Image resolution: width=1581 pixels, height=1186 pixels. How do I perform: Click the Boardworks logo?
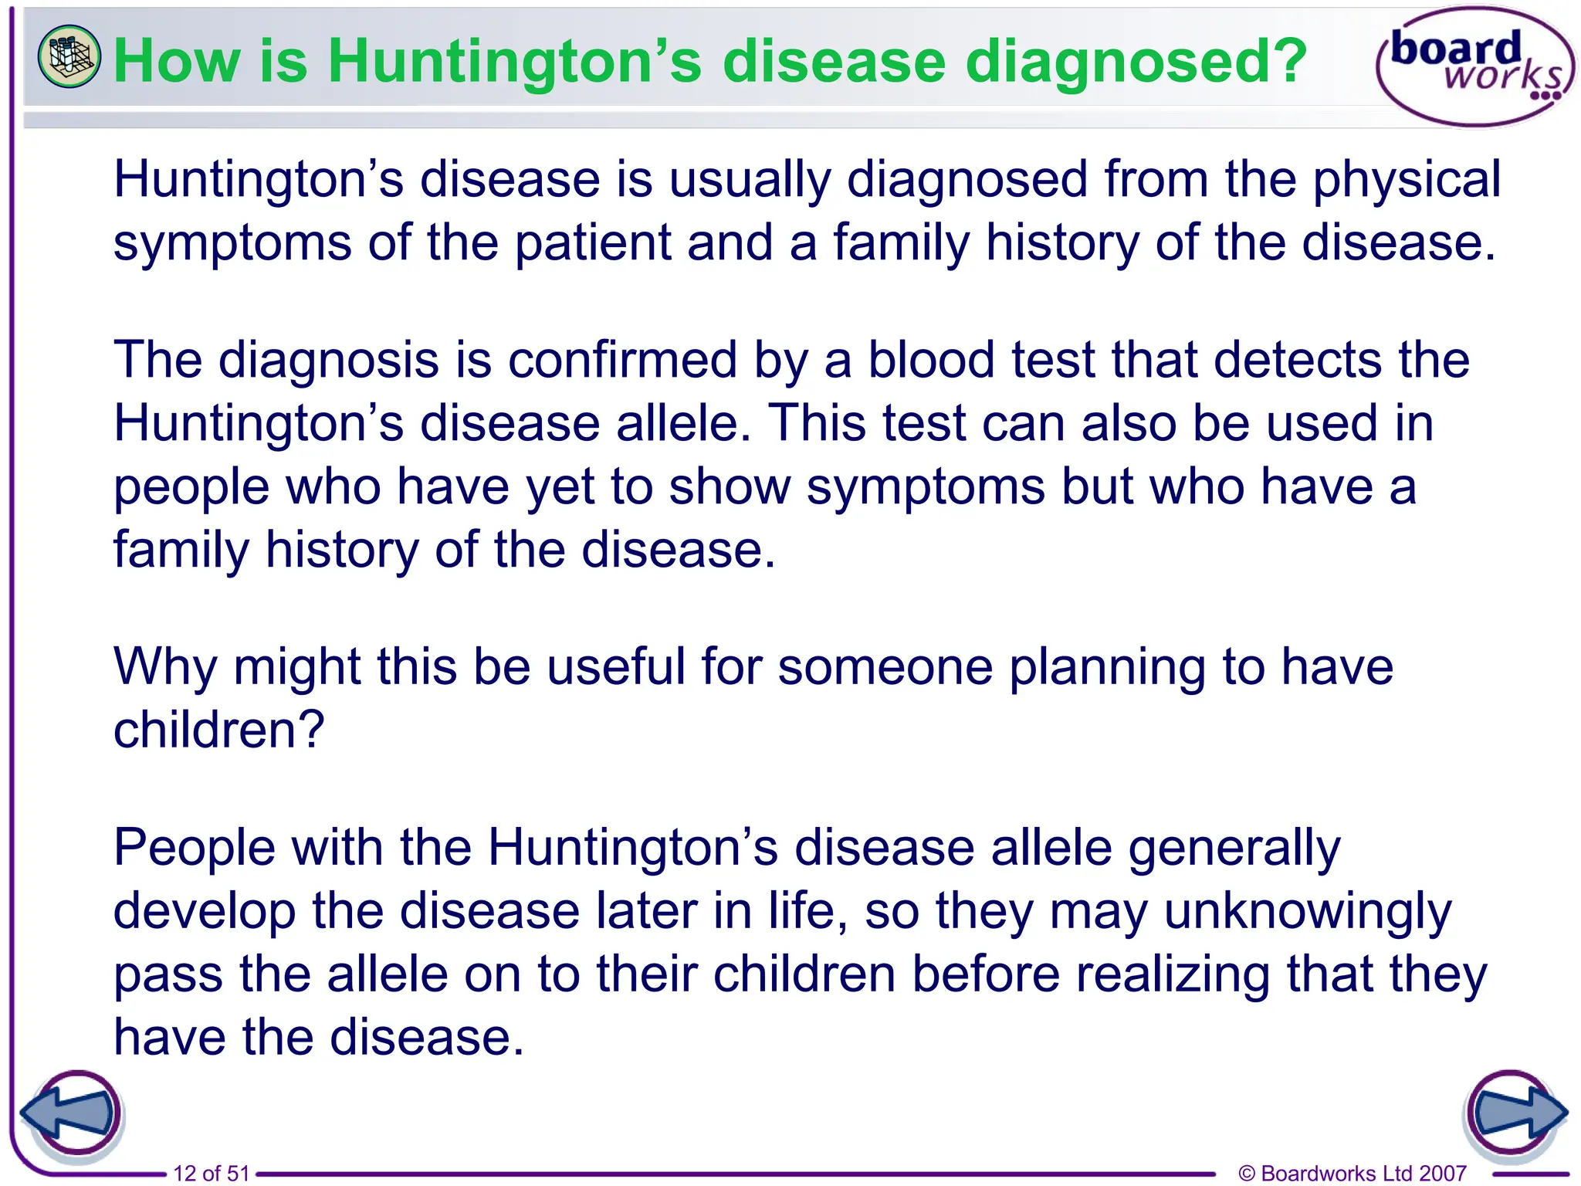[1474, 66]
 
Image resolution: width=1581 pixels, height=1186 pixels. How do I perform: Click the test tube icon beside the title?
[69, 56]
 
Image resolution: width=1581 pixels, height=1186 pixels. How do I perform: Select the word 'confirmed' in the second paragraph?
[622, 361]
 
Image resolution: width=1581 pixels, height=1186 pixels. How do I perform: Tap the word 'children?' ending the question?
[218, 730]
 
